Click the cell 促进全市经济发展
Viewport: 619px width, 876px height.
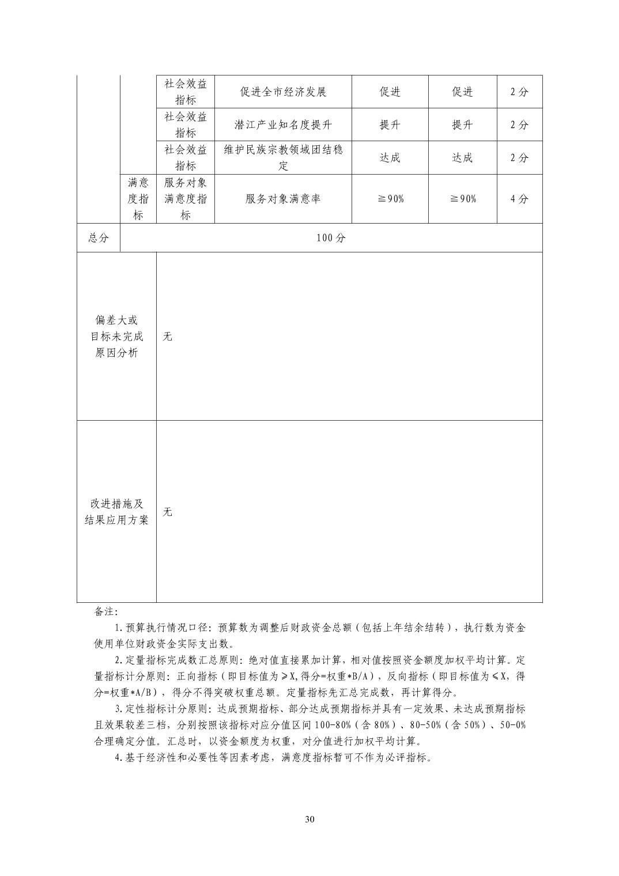click(283, 92)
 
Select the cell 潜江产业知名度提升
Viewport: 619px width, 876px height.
click(283, 124)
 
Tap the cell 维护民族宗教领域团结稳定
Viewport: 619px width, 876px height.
click(283, 157)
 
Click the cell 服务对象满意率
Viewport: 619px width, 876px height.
click(283, 199)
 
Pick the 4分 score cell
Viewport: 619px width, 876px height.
click(519, 199)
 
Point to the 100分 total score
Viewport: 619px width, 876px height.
click(331, 238)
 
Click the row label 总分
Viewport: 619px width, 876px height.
click(99, 238)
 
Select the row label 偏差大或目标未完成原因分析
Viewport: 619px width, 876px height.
click(116, 337)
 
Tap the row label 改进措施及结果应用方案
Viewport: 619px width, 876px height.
click(116, 512)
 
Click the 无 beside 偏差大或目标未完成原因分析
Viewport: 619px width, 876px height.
click(167, 337)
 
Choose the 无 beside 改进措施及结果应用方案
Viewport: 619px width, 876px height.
click(167, 512)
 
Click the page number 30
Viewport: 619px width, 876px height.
click(309, 820)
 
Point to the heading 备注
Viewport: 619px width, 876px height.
click(106, 611)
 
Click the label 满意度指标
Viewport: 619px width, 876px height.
click(138, 199)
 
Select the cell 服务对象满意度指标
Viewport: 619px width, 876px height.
click(186, 199)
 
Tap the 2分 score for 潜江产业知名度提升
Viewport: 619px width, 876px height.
click(519, 124)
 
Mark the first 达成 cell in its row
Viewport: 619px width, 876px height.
click(390, 157)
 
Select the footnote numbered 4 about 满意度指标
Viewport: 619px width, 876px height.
click(274, 757)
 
